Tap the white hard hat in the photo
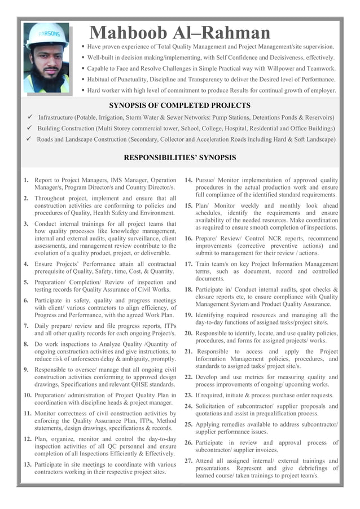tap(47, 36)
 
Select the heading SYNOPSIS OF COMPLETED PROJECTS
tap(179, 105)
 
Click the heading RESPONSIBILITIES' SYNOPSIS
tap(179, 157)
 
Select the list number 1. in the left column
tap(27, 180)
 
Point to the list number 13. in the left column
tap(28, 464)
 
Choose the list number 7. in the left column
tap(27, 326)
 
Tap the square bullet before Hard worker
tap(83, 90)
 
